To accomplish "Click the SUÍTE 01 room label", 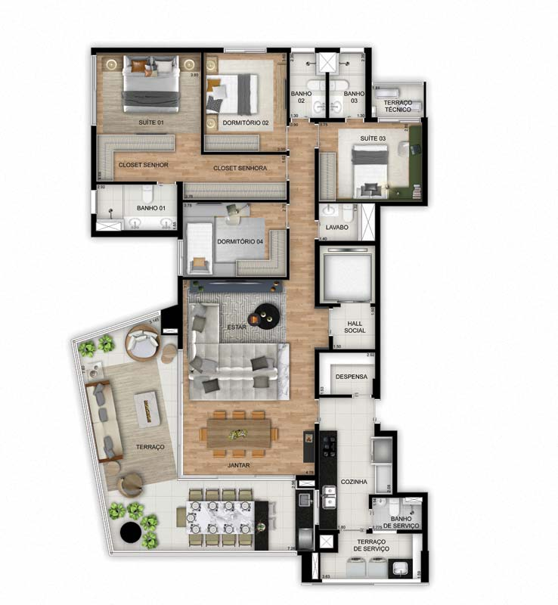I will click(150, 122).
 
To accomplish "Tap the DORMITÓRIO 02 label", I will click(245, 123).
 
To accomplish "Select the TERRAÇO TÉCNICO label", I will click(398, 106).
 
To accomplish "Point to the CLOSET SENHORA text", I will click(240, 168).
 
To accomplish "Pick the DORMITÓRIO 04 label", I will click(240, 242).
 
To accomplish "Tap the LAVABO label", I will click(336, 226).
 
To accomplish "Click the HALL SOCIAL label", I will click(355, 326).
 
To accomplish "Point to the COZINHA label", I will click(354, 481).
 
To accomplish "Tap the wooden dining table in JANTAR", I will click(239, 434).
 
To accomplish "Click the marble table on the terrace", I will click(223, 518).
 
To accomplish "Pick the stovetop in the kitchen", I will click(330, 447).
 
